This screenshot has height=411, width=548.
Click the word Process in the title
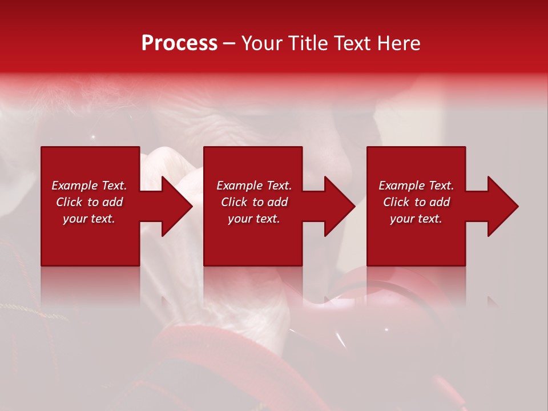click(179, 43)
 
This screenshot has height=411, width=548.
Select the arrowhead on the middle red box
click(339, 206)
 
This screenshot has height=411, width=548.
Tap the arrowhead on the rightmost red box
click(502, 206)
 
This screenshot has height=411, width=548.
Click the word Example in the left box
click(75, 186)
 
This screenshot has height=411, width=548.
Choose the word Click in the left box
click(69, 202)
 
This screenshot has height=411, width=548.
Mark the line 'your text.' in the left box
click(89, 219)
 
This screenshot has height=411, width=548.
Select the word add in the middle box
click(277, 202)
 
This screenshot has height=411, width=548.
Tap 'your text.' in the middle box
click(254, 219)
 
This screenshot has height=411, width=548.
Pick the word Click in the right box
click(396, 202)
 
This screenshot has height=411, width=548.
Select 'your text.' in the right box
click(416, 219)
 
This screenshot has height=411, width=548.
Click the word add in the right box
click(440, 202)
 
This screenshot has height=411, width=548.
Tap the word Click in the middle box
click(234, 202)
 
